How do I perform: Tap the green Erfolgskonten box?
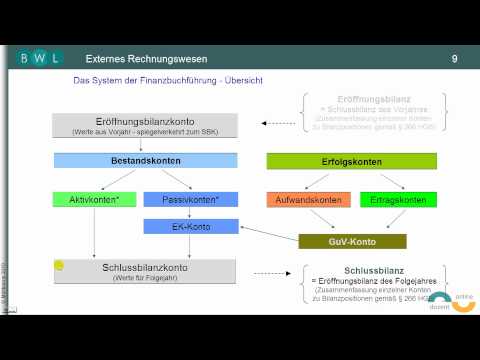[337, 160]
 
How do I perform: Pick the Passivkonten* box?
[189, 200]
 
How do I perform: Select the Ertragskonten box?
[384, 200]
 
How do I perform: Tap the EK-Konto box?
[189, 226]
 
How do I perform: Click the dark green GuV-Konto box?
[353, 241]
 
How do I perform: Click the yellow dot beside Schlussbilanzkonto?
[59, 266]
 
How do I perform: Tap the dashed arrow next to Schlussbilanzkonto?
[268, 271]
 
